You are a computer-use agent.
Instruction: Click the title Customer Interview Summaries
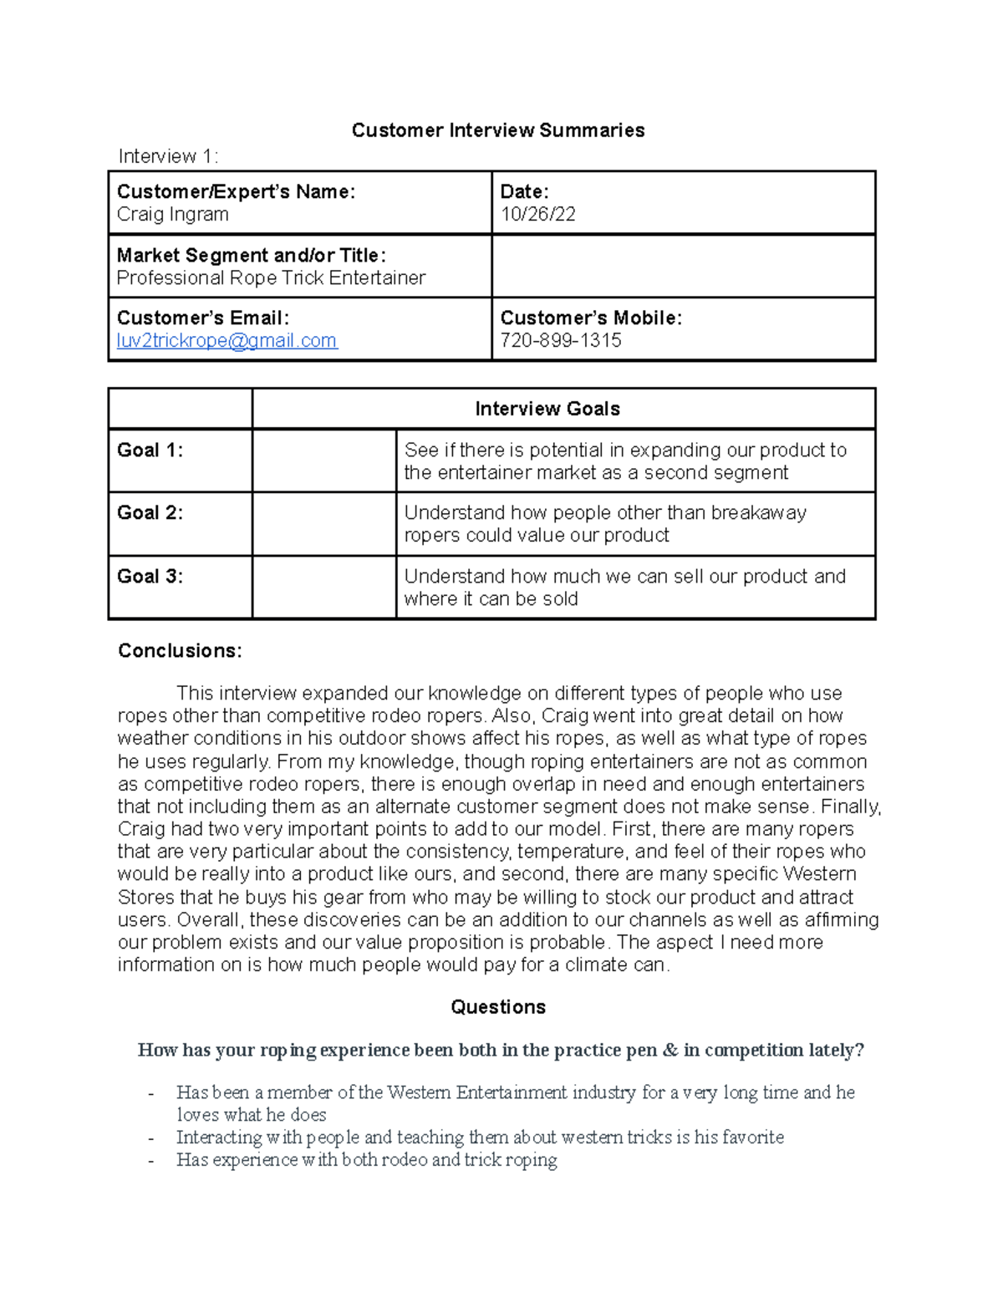pos(497,130)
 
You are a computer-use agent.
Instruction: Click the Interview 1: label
pos(168,156)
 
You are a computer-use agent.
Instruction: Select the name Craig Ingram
pos(172,215)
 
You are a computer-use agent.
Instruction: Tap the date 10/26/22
pos(537,215)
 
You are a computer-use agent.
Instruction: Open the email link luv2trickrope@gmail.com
pos(227,341)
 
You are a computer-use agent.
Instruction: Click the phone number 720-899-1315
pos(560,341)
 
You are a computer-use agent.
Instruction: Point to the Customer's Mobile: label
pos(590,318)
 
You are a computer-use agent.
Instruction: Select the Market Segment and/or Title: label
pos(251,255)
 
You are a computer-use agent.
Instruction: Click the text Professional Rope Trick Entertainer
pos(271,278)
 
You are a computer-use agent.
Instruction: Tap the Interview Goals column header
pos(547,409)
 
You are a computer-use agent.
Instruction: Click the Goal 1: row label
pos(150,450)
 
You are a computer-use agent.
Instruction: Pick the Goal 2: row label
pos(150,513)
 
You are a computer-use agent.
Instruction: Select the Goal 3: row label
pos(150,577)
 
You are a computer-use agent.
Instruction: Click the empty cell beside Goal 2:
pos(323,524)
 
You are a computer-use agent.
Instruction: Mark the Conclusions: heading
pos(180,651)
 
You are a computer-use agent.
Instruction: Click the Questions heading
pos(497,1007)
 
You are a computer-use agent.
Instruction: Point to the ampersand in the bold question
pos(670,1051)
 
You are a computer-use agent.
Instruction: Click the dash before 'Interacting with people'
pos(151,1138)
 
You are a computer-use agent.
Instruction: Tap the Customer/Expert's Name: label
pos(236,192)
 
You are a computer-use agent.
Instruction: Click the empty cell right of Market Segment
pos(683,266)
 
